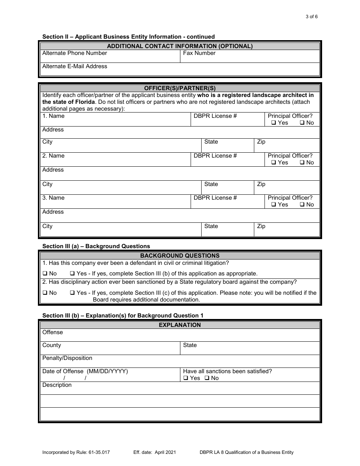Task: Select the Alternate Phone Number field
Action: pyautogui.click(x=110, y=57)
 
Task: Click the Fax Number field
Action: pyautogui.click(x=250, y=57)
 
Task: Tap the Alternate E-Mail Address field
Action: pyautogui.click(x=180, y=70)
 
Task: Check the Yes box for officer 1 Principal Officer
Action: pyautogui.click(x=273, y=123)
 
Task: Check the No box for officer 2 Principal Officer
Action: pyautogui.click(x=302, y=163)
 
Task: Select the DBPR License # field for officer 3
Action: pyautogui.click(x=227, y=202)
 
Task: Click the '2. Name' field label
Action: pyautogui.click(x=53, y=156)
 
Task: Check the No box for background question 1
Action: pyautogui.click(x=45, y=274)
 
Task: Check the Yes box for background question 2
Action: pyautogui.click(x=72, y=293)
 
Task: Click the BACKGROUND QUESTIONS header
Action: pyautogui.click(x=180, y=256)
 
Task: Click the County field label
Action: pyautogui.click(x=52, y=345)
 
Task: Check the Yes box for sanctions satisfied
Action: pyautogui.click(x=186, y=378)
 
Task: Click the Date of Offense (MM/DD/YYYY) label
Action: pyautogui.click(x=85, y=371)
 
